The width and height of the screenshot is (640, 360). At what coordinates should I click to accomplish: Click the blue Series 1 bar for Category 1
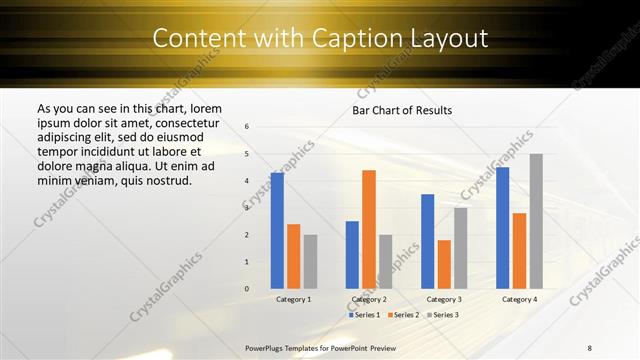click(x=277, y=231)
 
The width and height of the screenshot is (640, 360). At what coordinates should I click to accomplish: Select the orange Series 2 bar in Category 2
click(x=369, y=229)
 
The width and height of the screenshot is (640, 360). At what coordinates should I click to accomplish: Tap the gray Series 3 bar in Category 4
click(x=536, y=221)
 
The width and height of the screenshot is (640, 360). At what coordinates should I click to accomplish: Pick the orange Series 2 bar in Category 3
click(x=444, y=264)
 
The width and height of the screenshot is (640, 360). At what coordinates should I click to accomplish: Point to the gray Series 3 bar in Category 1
click(x=310, y=261)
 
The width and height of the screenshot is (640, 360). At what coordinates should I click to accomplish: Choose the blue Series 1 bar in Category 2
click(x=352, y=255)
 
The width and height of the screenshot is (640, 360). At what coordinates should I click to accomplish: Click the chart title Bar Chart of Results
click(x=402, y=109)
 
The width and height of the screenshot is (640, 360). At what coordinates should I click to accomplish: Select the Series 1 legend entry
click(x=364, y=315)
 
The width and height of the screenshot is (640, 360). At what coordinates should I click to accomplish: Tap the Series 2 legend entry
click(x=402, y=315)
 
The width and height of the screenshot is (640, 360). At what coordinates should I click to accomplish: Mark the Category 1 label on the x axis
click(x=294, y=299)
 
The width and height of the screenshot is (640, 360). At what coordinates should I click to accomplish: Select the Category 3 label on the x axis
click(x=444, y=299)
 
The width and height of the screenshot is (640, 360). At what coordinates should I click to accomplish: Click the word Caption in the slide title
click(x=376, y=39)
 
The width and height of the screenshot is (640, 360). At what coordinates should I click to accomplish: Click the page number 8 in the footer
click(x=590, y=347)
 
